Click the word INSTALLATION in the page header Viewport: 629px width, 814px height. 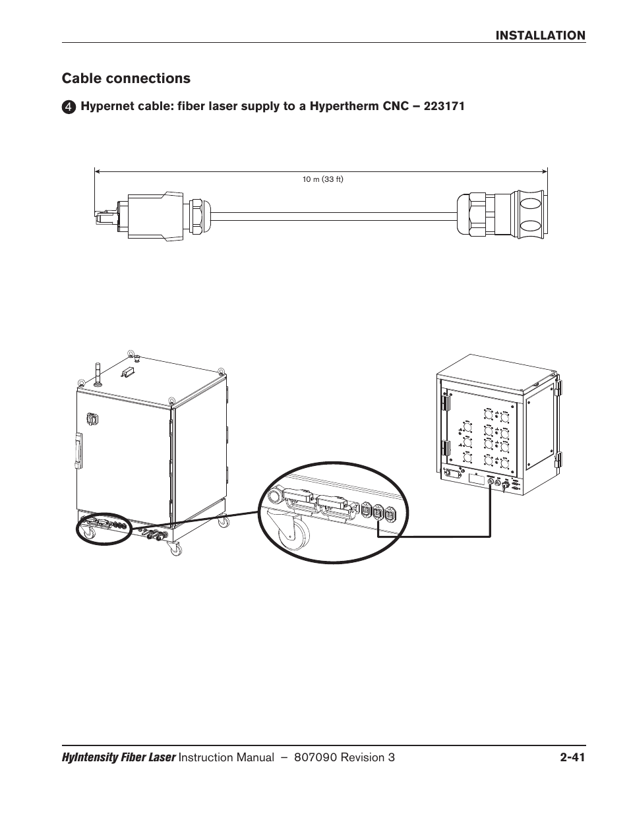pyautogui.click(x=541, y=36)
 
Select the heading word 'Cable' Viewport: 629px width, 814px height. pyautogui.click(x=81, y=78)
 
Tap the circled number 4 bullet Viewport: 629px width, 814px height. pyautogui.click(x=69, y=107)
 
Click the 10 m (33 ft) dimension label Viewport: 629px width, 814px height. pyautogui.click(x=323, y=179)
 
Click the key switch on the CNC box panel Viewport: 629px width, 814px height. pyautogui.click(x=505, y=485)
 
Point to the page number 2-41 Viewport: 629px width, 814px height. pyautogui.click(x=570, y=758)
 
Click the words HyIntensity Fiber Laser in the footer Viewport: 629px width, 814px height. pyautogui.click(x=119, y=758)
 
